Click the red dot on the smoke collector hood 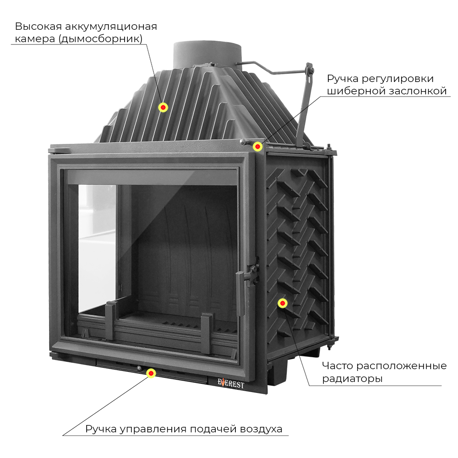click(x=163, y=108)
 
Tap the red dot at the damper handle click(x=257, y=147)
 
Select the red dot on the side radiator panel click(x=283, y=303)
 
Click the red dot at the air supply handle click(x=151, y=373)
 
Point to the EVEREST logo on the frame click(x=230, y=383)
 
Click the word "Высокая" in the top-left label click(x=38, y=26)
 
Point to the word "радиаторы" click(x=352, y=379)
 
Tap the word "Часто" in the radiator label click(x=338, y=365)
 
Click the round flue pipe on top click(x=207, y=55)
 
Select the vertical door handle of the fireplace click(x=240, y=294)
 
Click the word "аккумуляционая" click(x=111, y=27)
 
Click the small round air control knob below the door click(x=139, y=368)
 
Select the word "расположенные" click(x=402, y=366)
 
